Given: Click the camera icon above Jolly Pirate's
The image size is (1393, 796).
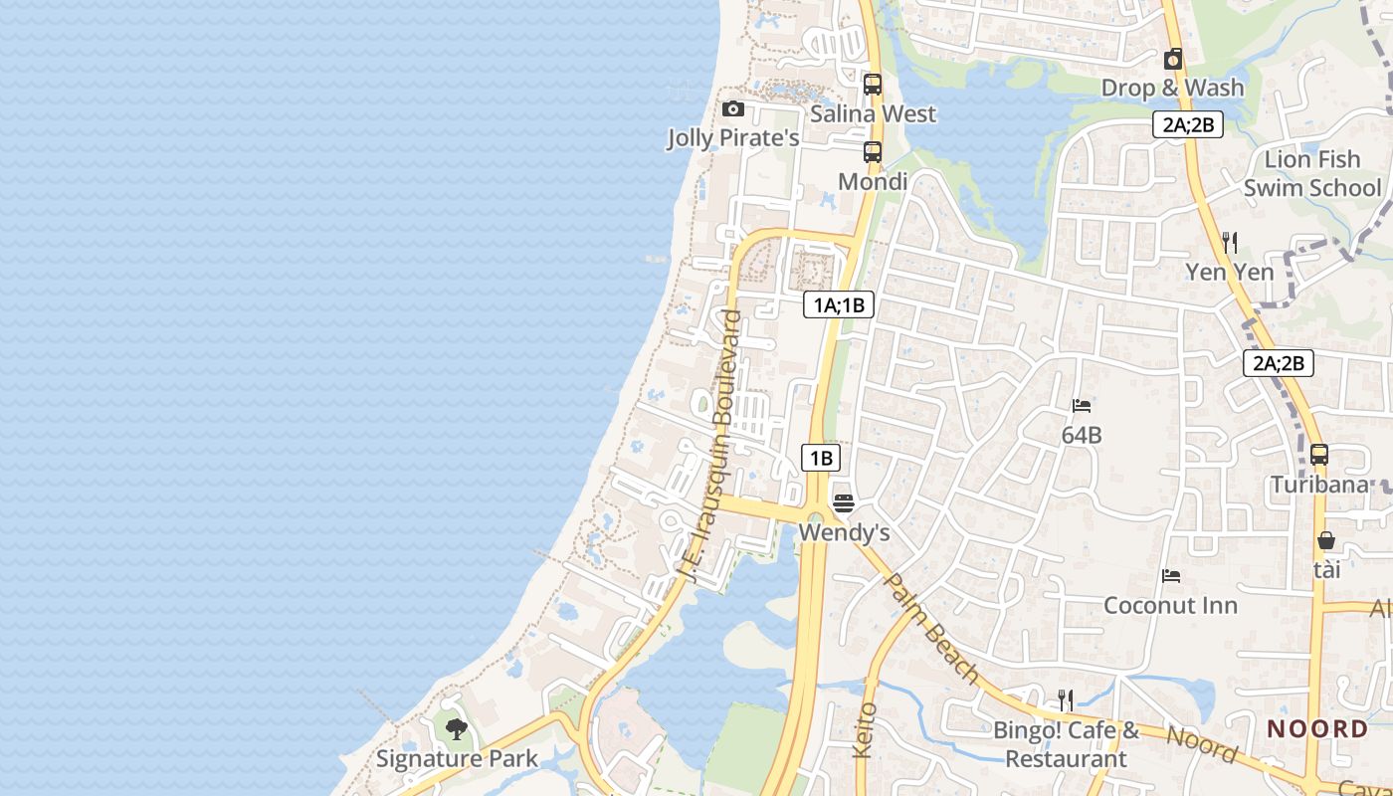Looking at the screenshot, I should coord(733,108).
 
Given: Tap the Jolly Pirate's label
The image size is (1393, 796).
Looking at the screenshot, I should coord(733,138).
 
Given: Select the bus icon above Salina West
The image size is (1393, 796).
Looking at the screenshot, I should coord(873,85).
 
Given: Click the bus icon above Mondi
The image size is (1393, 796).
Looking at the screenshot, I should coord(873,152).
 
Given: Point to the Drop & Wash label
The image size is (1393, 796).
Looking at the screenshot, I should coord(1172,88).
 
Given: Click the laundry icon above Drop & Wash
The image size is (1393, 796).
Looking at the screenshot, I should coord(1173,59).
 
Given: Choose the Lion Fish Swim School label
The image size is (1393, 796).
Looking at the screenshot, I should coord(1312,173).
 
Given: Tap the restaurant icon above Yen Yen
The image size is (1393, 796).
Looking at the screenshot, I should coord(1230,242).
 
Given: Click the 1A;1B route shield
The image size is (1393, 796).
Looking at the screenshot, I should coord(839,304).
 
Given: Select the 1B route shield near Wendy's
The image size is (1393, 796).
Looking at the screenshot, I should coord(821,458).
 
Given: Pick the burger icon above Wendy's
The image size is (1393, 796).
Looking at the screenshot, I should coord(844,502).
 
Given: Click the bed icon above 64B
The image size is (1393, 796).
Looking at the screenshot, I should coord(1082,405).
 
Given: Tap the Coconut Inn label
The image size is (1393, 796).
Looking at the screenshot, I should coord(1171,605).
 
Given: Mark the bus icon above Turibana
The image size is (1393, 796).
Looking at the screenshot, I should coord(1319,455).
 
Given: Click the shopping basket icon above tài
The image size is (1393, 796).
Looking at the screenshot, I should coord(1326,540).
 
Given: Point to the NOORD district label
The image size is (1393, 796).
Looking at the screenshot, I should coord(1317,728).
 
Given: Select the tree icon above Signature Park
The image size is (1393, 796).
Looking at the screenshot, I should coord(457,729).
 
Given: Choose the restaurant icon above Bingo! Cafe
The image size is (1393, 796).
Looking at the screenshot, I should coord(1066,699).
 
